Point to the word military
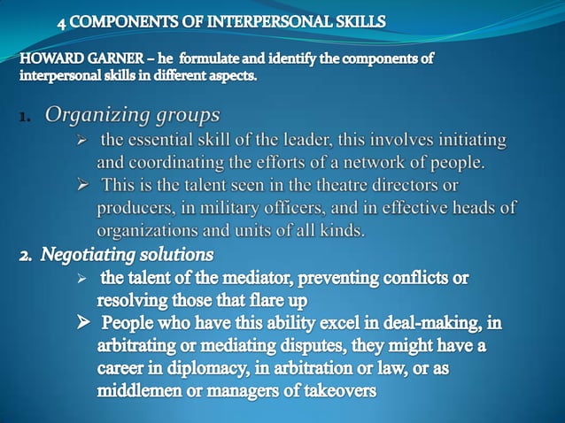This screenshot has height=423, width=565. point(226,208)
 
